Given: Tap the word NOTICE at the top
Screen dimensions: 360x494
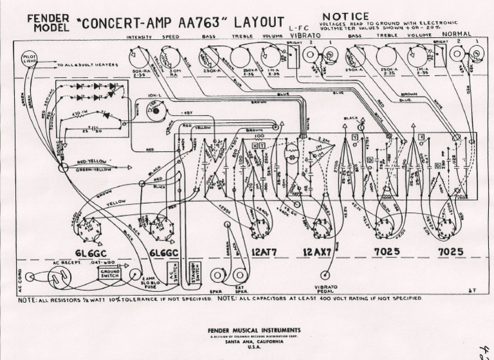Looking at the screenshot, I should [345, 16].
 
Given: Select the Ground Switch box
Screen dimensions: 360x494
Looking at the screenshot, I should [110, 274].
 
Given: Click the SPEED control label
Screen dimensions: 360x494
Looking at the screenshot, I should [171, 38].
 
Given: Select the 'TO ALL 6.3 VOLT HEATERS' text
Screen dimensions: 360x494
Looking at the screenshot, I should [84, 66].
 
